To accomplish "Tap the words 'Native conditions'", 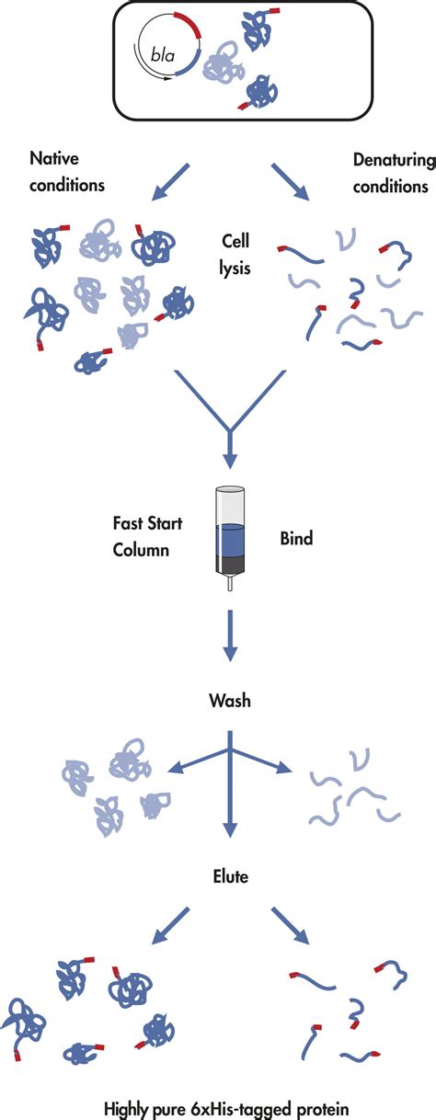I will [67, 172].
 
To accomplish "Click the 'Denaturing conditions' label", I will [390, 172].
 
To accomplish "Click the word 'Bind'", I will [296, 537].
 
